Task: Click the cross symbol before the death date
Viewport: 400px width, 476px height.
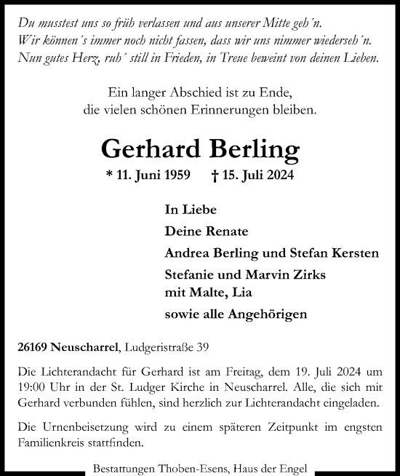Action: pos(215,175)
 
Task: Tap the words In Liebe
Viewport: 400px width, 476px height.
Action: pos(191,210)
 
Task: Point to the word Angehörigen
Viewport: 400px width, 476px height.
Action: pos(265,314)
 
